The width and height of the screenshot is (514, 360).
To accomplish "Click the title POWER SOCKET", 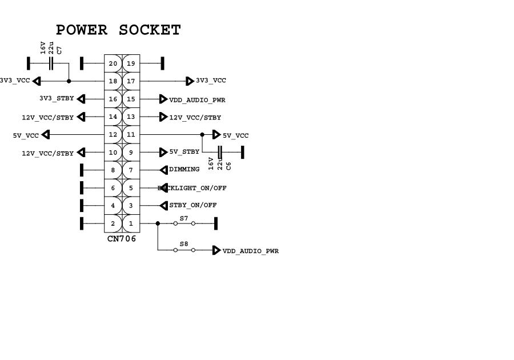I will (118, 30).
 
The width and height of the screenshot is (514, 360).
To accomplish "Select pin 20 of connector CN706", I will (113, 63).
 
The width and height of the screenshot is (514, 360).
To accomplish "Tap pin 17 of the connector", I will (131, 81).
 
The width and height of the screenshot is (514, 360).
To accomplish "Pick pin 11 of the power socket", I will (131, 135).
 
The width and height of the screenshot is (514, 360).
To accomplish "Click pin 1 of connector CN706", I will (131, 223).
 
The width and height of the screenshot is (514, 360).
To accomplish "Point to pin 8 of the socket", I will (113, 170).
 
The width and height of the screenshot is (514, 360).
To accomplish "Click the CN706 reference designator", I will (122, 239).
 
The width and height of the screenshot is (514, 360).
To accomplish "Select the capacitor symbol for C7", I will (51, 63).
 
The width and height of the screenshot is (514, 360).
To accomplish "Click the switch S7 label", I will (184, 218).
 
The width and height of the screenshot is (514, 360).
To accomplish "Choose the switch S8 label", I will (184, 244).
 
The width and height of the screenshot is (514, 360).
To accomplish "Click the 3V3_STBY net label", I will (57, 99).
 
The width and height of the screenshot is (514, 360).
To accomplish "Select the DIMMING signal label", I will (184, 170).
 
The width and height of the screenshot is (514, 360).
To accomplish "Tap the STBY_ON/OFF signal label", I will (193, 205).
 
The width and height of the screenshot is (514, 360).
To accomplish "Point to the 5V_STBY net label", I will (184, 152).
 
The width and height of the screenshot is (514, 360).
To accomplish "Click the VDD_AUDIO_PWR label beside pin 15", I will (197, 100).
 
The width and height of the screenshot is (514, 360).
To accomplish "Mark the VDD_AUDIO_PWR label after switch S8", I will (251, 251).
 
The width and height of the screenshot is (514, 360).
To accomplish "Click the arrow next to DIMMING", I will (163, 170).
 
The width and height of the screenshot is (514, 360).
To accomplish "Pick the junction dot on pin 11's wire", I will (202, 135).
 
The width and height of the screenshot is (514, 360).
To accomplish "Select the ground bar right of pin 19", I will (163, 63).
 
